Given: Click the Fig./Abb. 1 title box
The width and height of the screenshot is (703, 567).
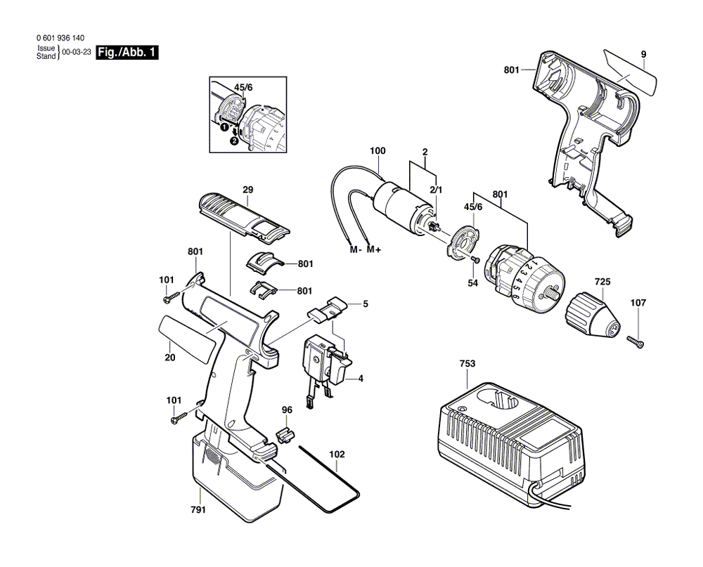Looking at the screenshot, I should click(127, 52).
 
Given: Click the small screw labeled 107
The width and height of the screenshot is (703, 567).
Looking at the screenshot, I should click(636, 342).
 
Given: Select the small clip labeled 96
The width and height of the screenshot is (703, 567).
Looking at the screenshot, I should click(285, 434).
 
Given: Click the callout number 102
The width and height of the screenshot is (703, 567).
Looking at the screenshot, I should click(337, 454).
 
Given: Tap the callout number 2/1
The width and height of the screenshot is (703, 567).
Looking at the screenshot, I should click(436, 190).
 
